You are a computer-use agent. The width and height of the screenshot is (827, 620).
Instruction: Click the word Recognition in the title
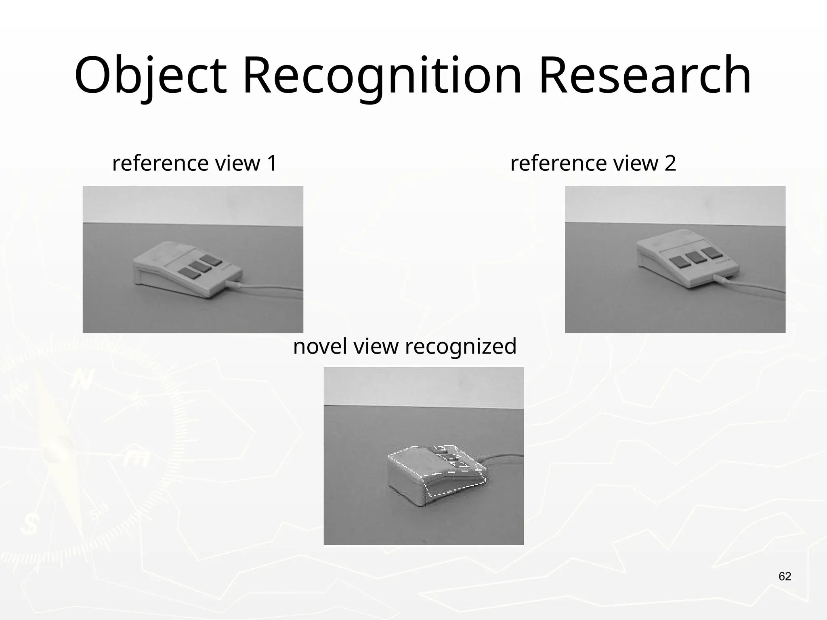(x=382, y=76)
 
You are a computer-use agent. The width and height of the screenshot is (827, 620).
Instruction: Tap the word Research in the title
(x=645, y=76)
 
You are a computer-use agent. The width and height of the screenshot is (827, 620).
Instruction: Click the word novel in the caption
(x=320, y=346)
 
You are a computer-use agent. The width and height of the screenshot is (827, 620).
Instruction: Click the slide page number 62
(x=785, y=576)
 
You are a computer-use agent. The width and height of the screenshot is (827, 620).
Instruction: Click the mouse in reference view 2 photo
(x=686, y=258)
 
